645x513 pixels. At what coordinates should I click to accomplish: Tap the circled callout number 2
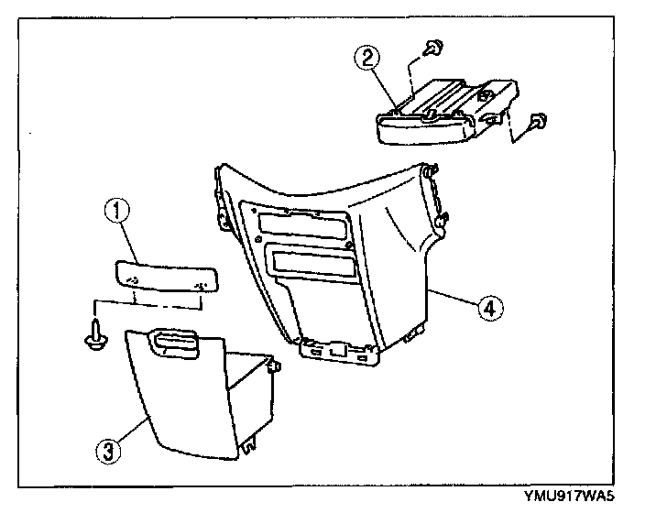click(x=367, y=59)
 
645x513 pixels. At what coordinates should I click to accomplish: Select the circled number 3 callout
click(x=109, y=450)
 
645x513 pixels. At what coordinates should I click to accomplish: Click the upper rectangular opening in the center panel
click(x=302, y=224)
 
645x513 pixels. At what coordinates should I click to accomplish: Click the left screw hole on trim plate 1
click(x=132, y=279)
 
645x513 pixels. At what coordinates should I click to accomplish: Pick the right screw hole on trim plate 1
click(x=202, y=286)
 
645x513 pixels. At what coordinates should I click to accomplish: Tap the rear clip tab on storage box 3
click(x=273, y=366)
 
